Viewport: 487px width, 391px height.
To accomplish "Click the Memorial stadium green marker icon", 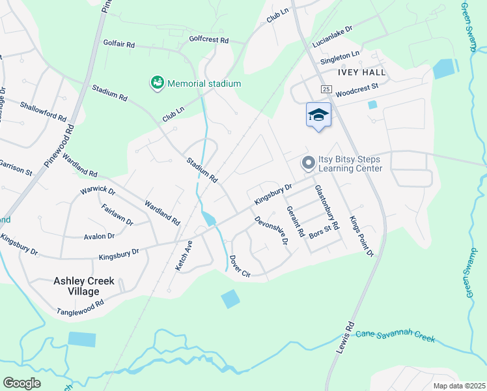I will coord(157,83).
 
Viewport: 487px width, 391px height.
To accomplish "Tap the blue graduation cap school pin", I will coord(318,115).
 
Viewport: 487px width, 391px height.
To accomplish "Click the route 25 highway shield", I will coord(326,89).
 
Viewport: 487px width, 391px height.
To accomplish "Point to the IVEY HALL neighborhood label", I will coord(361,72).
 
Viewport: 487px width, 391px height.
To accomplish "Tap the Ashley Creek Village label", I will coord(83,287).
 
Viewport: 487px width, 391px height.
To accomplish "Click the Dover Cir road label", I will coord(240,265).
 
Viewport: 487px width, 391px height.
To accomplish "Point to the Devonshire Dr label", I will coord(271,230).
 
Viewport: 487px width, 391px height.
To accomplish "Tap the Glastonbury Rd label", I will coord(327,207).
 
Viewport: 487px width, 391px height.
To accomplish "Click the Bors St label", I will coord(320,233).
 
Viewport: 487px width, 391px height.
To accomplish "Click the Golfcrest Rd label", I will coord(209,40).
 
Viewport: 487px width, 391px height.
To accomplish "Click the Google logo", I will coord(21,383).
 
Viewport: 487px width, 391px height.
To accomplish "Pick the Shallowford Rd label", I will coord(43,111).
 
